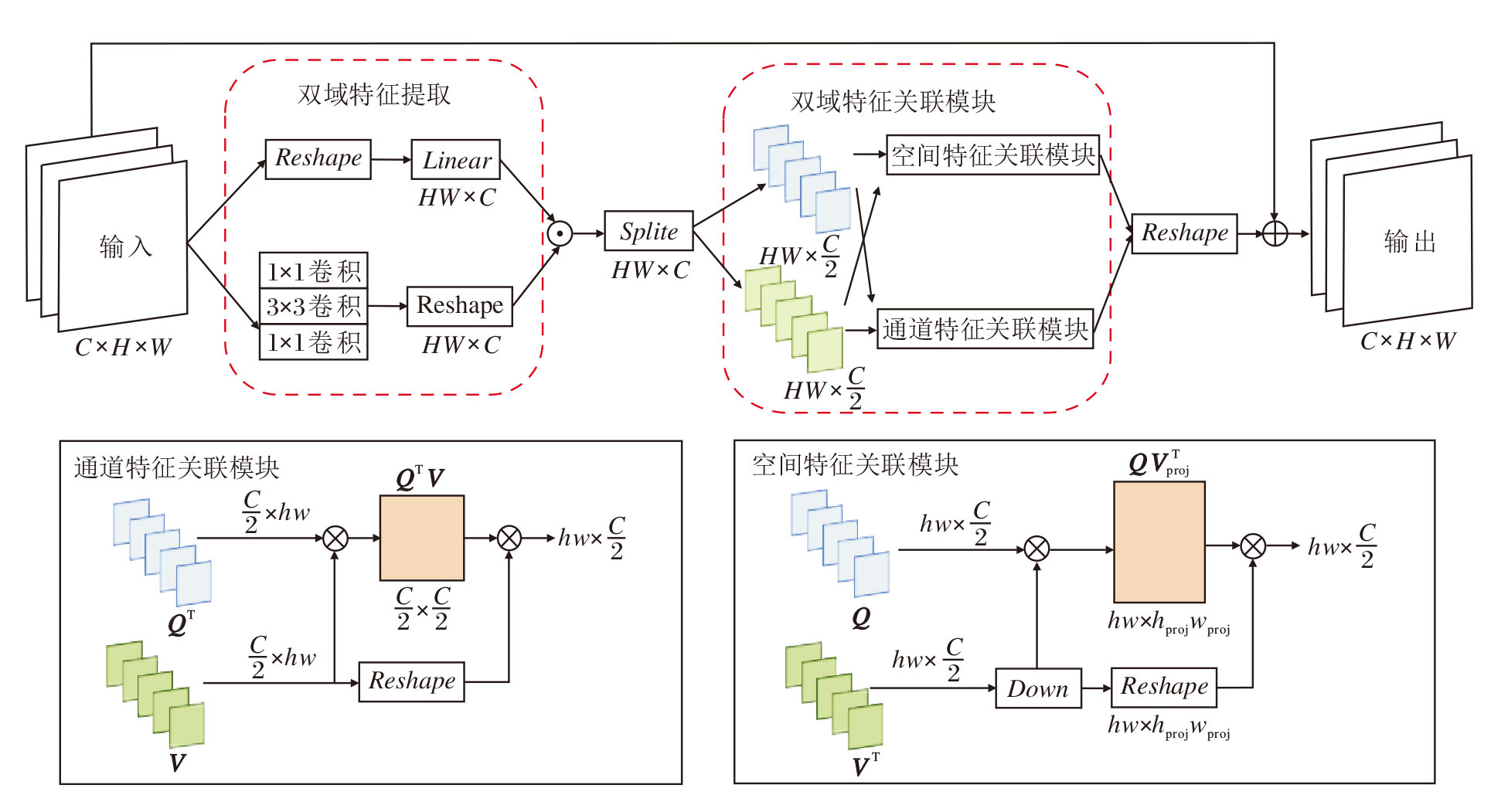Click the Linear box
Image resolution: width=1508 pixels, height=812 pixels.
click(456, 160)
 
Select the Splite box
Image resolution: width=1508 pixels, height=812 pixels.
click(648, 231)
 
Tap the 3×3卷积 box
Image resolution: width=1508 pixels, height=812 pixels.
click(313, 306)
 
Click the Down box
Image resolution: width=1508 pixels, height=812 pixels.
click(1038, 688)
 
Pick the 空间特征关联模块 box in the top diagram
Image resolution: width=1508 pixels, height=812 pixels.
click(992, 155)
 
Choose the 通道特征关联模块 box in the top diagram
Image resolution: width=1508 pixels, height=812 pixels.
click(985, 329)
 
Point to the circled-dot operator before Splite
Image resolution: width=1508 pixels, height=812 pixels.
click(560, 233)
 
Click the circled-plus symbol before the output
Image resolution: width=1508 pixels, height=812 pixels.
click(1275, 233)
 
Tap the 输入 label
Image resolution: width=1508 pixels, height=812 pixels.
click(125, 246)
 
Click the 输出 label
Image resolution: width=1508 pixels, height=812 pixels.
click(1409, 242)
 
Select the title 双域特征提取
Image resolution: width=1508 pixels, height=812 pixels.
click(374, 94)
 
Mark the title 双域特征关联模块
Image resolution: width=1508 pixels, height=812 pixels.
click(893, 101)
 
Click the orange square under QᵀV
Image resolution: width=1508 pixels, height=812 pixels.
click(422, 538)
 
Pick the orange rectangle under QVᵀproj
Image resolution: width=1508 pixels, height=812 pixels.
click(1159, 542)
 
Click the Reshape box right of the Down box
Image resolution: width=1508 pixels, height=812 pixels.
click(1164, 687)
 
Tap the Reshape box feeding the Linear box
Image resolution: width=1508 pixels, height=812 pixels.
click(318, 159)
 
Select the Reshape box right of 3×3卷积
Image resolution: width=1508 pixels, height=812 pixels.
click(460, 306)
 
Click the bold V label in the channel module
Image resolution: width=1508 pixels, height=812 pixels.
click(178, 763)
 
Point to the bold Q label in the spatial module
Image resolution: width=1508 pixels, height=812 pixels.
click(860, 618)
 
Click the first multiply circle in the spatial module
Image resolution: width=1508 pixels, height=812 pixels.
click(1037, 549)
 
